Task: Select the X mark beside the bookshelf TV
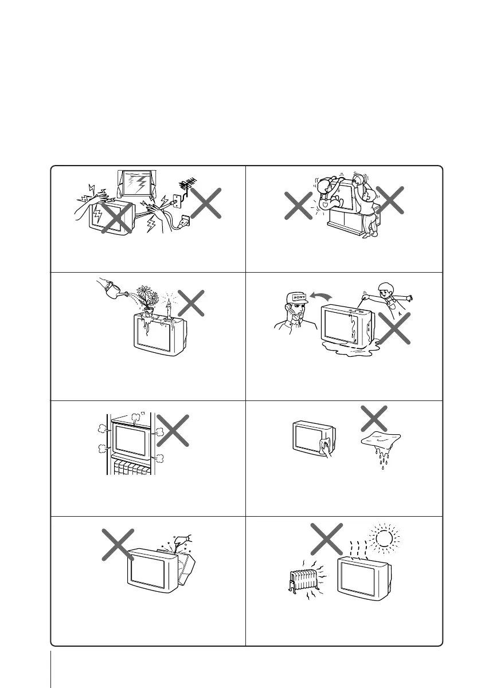tap(173, 430)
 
